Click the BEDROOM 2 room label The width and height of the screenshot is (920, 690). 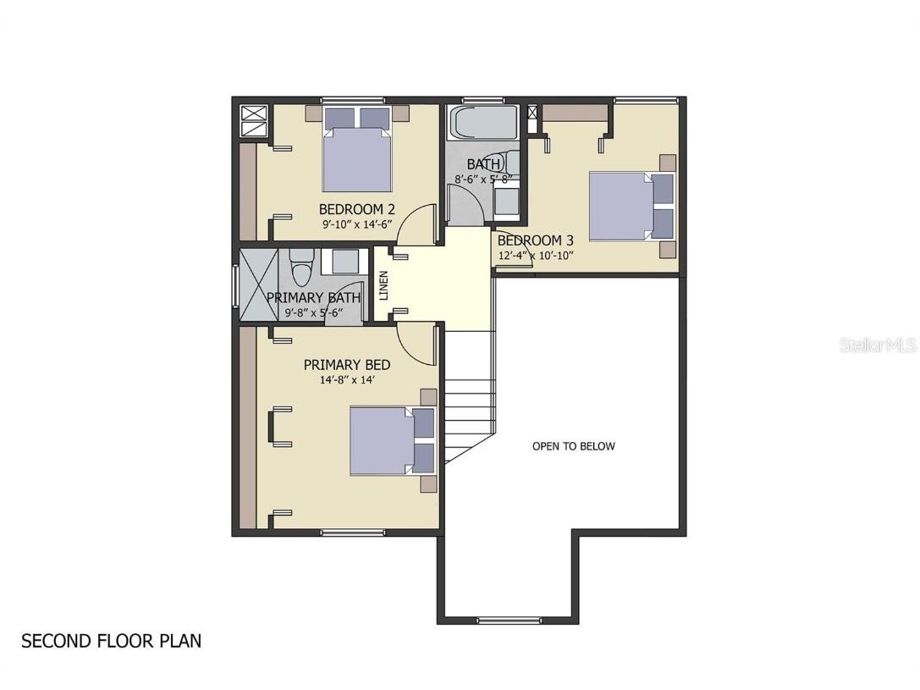[356, 209]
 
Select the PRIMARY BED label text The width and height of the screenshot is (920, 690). [347, 365]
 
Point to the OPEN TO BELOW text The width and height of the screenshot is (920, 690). [573, 446]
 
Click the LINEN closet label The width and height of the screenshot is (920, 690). [384, 285]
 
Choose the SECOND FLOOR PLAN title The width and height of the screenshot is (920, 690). [112, 641]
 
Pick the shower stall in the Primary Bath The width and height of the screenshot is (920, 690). [257, 284]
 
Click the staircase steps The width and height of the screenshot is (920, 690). [470, 398]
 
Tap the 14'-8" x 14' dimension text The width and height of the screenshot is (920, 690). [347, 380]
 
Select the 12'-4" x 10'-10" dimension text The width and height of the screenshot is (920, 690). [536, 256]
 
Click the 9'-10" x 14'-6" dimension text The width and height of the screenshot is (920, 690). [356, 224]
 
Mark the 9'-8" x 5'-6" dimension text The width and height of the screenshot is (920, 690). [313, 312]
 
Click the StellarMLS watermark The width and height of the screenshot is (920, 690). [878, 345]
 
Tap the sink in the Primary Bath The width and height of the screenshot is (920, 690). [344, 262]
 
